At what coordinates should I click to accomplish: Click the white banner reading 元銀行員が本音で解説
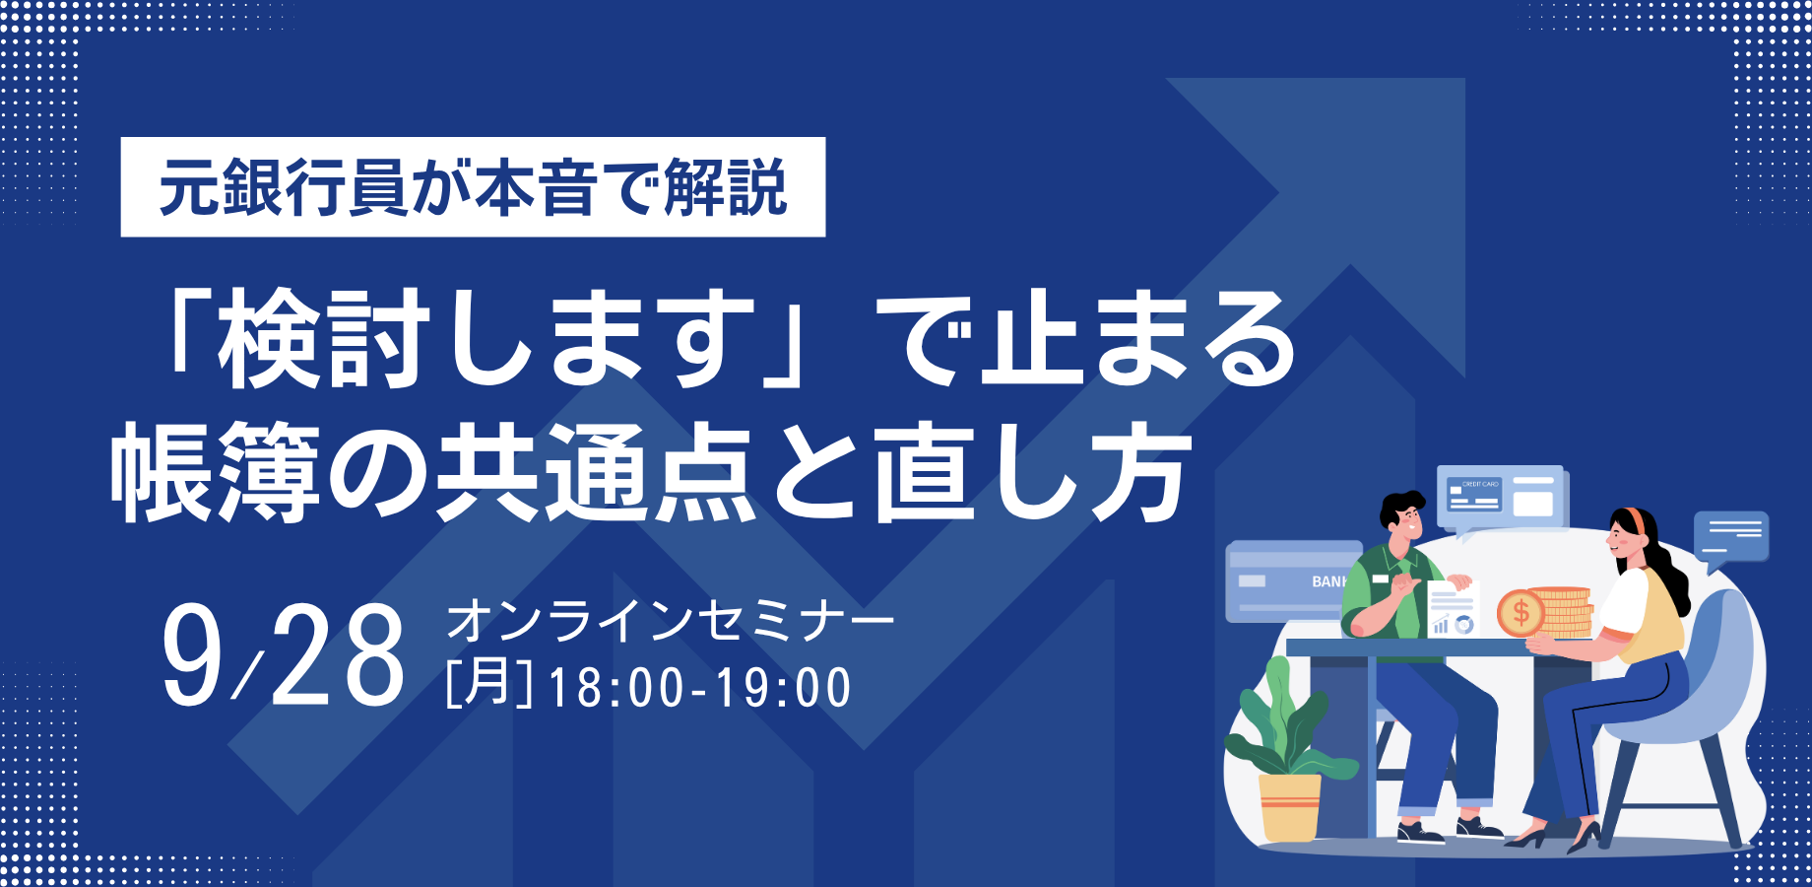click(x=473, y=187)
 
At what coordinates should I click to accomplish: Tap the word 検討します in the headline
click(x=486, y=338)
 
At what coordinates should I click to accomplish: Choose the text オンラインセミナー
click(x=671, y=621)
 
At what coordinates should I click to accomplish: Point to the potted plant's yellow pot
click(x=1290, y=807)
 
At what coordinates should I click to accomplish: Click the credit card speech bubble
click(x=1502, y=499)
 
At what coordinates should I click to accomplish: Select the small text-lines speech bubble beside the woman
click(x=1731, y=539)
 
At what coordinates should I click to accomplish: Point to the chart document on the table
click(x=1454, y=608)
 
